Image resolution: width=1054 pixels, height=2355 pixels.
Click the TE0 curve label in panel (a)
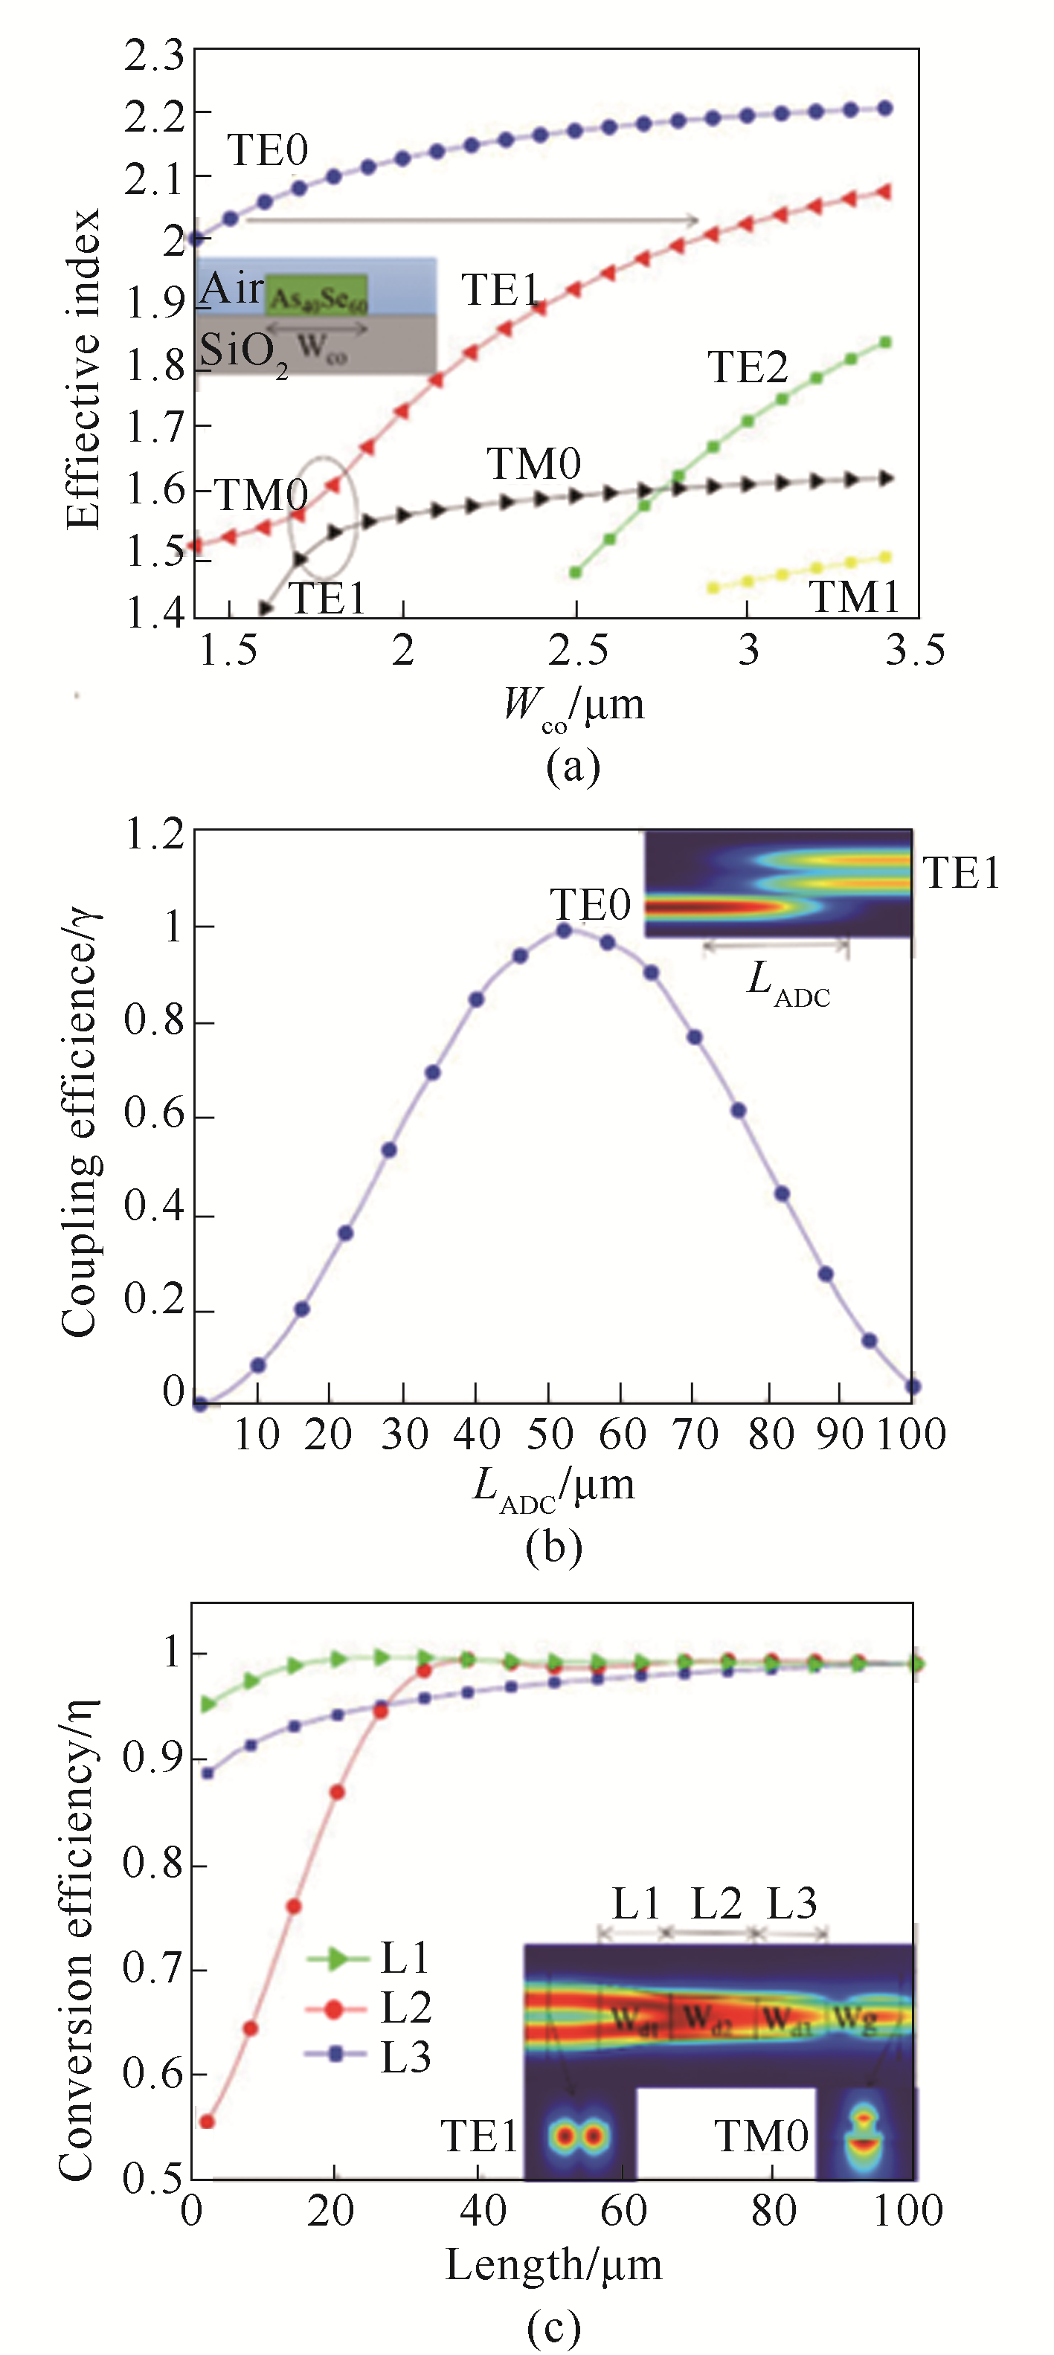click(267, 151)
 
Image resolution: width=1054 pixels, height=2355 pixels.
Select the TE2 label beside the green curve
click(748, 367)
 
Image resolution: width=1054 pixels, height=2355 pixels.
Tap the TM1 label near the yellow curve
click(855, 598)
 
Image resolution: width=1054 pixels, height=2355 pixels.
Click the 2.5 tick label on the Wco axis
click(578, 651)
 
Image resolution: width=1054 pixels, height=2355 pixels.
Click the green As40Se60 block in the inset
click(317, 295)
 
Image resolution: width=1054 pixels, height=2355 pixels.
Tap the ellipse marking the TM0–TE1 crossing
click(324, 517)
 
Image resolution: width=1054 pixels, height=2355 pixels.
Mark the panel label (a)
click(572, 765)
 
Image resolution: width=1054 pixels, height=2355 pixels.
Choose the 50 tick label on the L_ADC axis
click(548, 1434)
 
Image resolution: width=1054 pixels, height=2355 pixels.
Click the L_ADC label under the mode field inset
click(788, 984)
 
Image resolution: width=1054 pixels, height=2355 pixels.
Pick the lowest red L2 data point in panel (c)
click(207, 2121)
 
